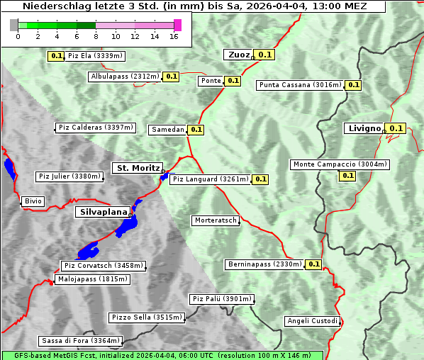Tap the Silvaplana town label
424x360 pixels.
pos(104,212)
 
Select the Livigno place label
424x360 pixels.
pos(364,128)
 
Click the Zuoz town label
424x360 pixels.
pos(238,55)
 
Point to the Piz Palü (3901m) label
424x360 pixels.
pos(222,299)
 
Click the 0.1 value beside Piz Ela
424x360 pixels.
pos(56,55)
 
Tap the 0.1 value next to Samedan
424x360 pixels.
pos(196,130)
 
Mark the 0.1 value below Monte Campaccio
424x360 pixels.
pos(347,175)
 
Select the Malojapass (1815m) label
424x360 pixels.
pos(92,279)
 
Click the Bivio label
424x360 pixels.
pos(33,201)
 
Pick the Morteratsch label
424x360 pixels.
pos(215,220)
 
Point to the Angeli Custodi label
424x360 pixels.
pos(313,321)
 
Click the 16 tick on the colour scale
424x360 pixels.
pos(174,36)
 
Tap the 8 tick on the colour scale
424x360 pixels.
pos(96,36)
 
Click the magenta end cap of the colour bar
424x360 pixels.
pos(177,25)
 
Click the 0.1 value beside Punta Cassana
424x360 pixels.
pos(354,85)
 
